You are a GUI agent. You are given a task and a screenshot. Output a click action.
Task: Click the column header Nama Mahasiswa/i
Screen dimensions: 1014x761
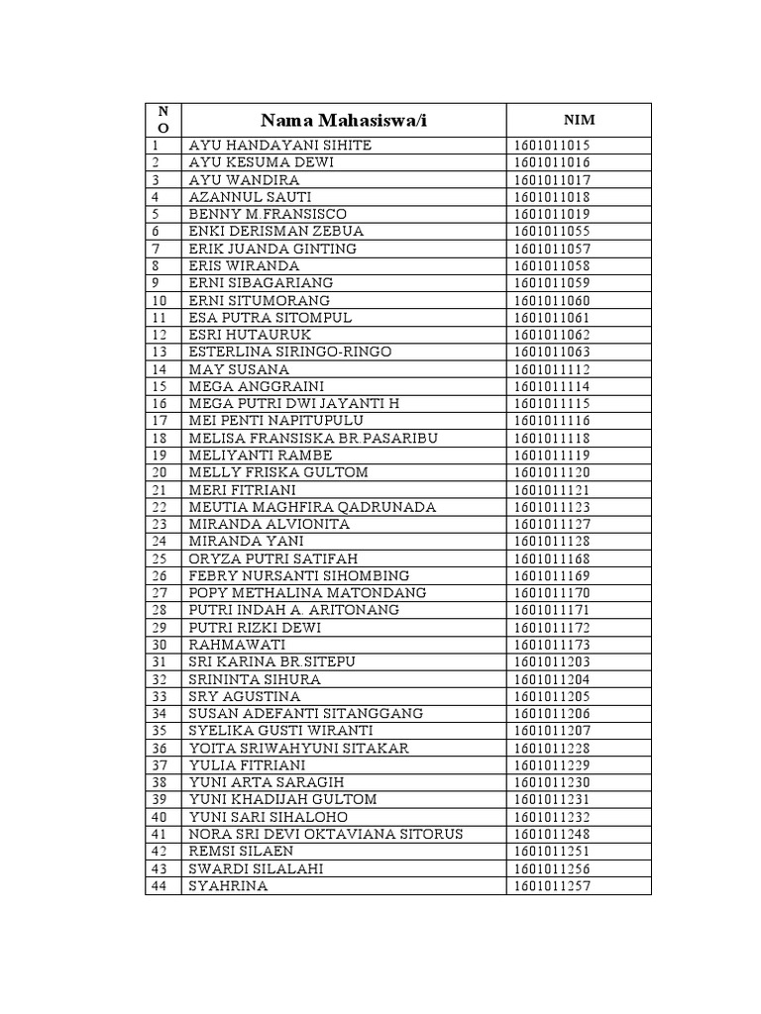coord(343,121)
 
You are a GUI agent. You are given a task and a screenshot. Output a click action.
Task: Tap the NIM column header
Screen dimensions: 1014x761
coord(579,120)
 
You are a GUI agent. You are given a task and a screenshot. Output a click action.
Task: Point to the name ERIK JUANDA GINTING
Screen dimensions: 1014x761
coord(272,249)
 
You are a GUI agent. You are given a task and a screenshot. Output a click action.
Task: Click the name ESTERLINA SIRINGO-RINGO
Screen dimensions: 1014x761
coord(290,352)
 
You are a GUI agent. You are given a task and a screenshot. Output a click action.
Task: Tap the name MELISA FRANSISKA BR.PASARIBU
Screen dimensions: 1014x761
coord(313,438)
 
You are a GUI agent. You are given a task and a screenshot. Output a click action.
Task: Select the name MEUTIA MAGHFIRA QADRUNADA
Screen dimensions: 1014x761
coord(312,507)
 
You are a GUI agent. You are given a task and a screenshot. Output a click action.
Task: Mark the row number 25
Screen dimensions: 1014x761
coord(161,558)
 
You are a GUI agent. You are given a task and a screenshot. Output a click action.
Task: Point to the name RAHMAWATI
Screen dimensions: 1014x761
coord(237,645)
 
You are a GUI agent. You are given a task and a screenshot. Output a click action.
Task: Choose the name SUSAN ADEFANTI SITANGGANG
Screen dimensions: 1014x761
coord(305,713)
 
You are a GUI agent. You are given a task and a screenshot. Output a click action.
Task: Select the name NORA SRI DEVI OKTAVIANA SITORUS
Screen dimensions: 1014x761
coord(326,834)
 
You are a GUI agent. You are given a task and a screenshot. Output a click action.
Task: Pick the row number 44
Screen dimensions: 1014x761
coord(161,885)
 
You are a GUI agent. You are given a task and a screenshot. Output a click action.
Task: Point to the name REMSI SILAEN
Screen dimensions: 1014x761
coord(241,851)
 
